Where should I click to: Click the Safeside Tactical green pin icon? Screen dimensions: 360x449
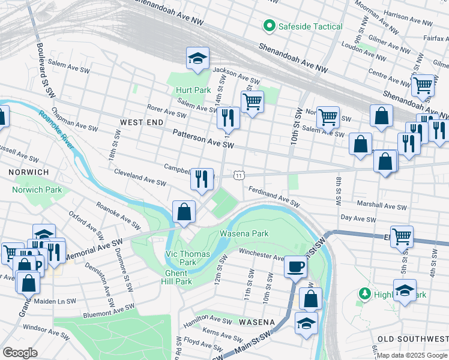(x=268, y=26)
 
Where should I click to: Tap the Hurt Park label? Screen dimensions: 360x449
(x=193, y=90)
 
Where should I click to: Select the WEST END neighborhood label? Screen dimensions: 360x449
(x=142, y=122)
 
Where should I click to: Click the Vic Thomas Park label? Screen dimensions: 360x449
(x=188, y=258)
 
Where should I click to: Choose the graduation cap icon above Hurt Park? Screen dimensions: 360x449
(x=197, y=58)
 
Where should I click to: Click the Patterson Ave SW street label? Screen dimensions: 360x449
(x=202, y=139)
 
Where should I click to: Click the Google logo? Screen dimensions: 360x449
(x=20, y=353)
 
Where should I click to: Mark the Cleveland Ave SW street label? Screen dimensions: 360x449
(x=140, y=178)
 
